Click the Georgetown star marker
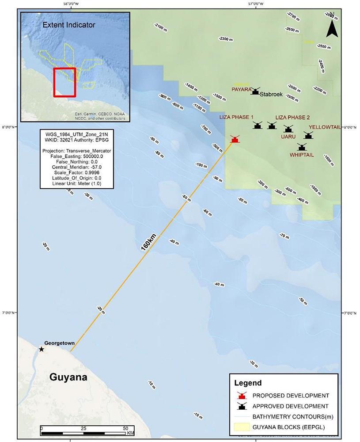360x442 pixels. point(42,349)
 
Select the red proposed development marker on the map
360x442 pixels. point(235,139)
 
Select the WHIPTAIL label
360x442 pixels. point(303,155)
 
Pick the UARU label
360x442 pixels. point(288,137)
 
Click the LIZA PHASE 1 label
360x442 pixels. point(237,117)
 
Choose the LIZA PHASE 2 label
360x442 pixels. point(292,117)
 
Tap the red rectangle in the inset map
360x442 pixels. point(64,82)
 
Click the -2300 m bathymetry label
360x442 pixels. point(226,39)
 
